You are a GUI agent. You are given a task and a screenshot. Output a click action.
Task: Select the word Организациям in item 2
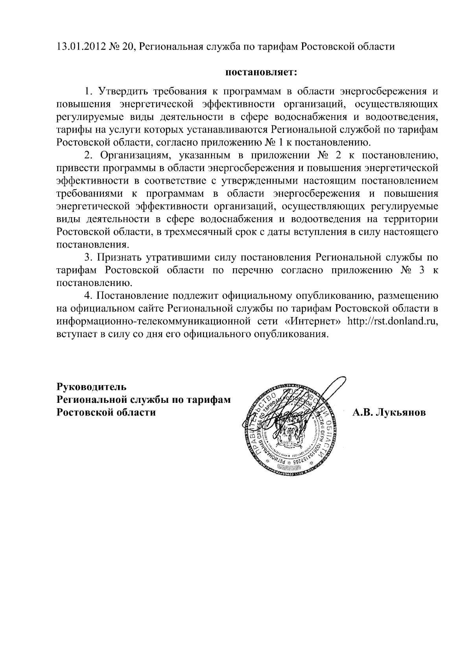(x=135, y=155)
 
